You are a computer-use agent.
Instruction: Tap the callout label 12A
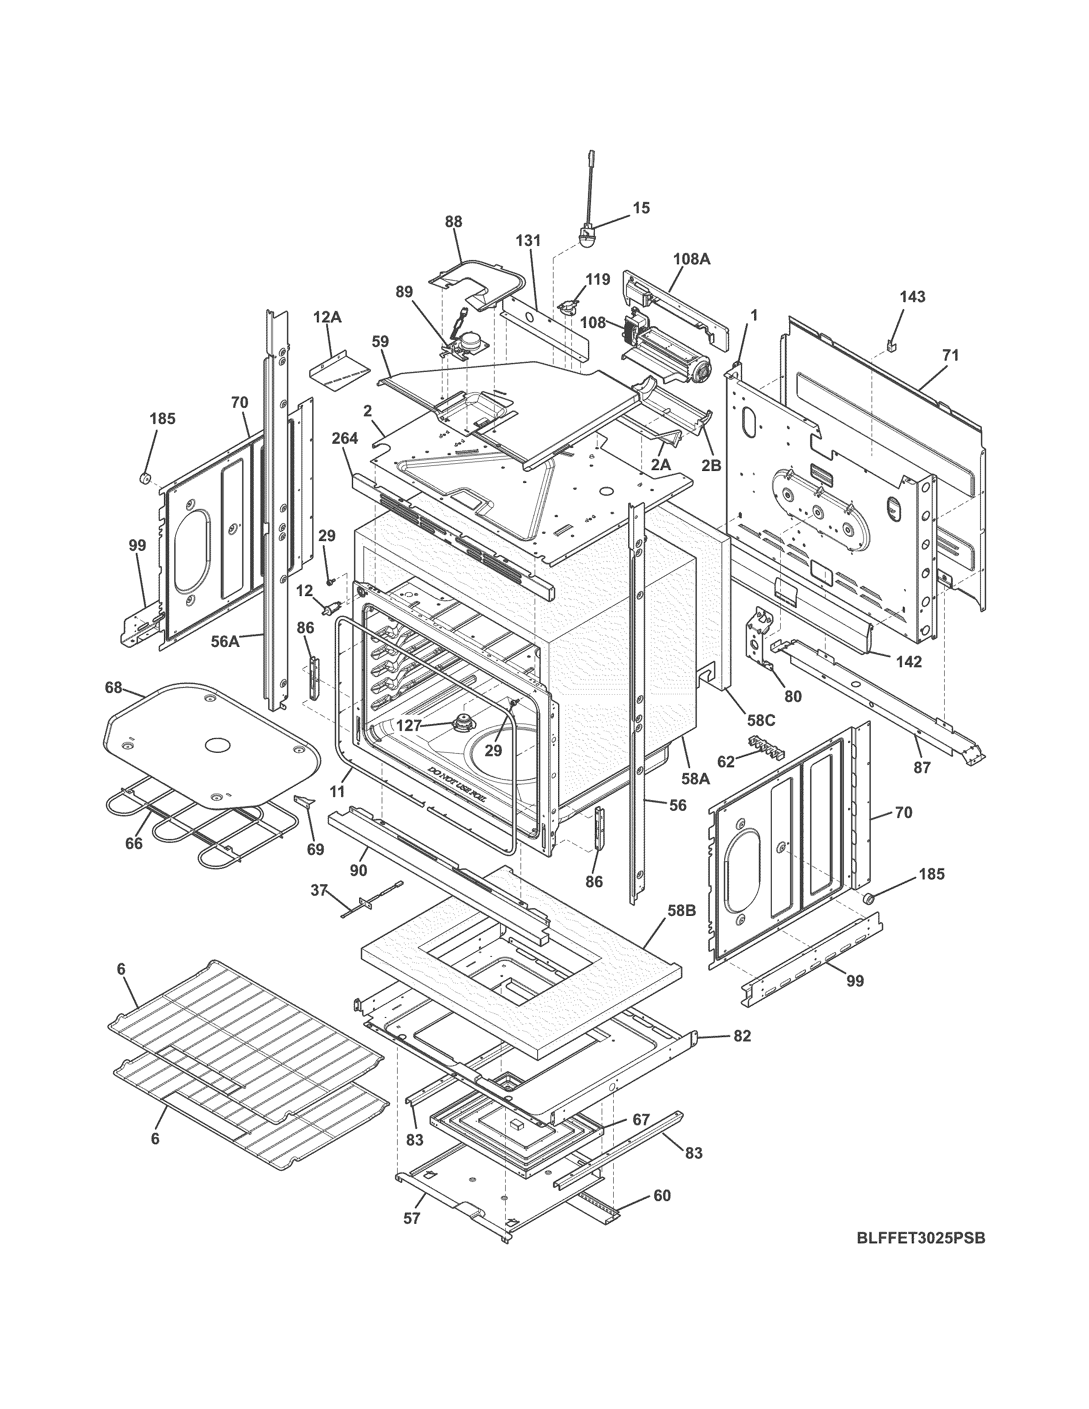tap(327, 317)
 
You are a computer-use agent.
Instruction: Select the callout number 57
tap(412, 1219)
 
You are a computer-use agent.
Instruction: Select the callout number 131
tap(528, 241)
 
